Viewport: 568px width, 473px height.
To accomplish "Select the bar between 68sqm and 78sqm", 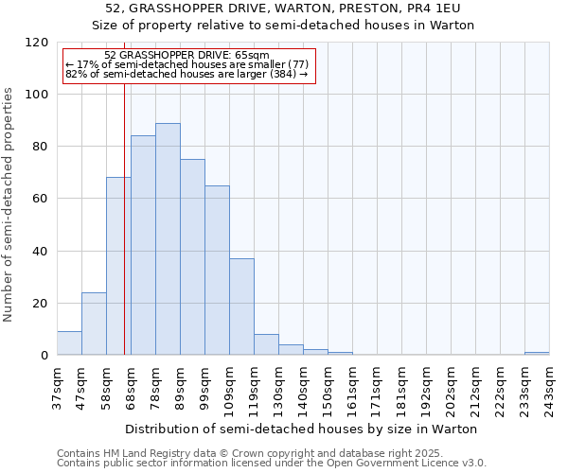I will point(143,246).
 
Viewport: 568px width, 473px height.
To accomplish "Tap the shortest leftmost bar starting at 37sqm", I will point(69,343).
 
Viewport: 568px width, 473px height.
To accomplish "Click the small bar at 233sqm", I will point(537,354).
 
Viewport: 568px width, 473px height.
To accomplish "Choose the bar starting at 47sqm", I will point(94,324).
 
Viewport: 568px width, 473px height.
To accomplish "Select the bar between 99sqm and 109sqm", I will point(217,271).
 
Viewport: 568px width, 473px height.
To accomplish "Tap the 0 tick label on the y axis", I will point(44,356).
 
